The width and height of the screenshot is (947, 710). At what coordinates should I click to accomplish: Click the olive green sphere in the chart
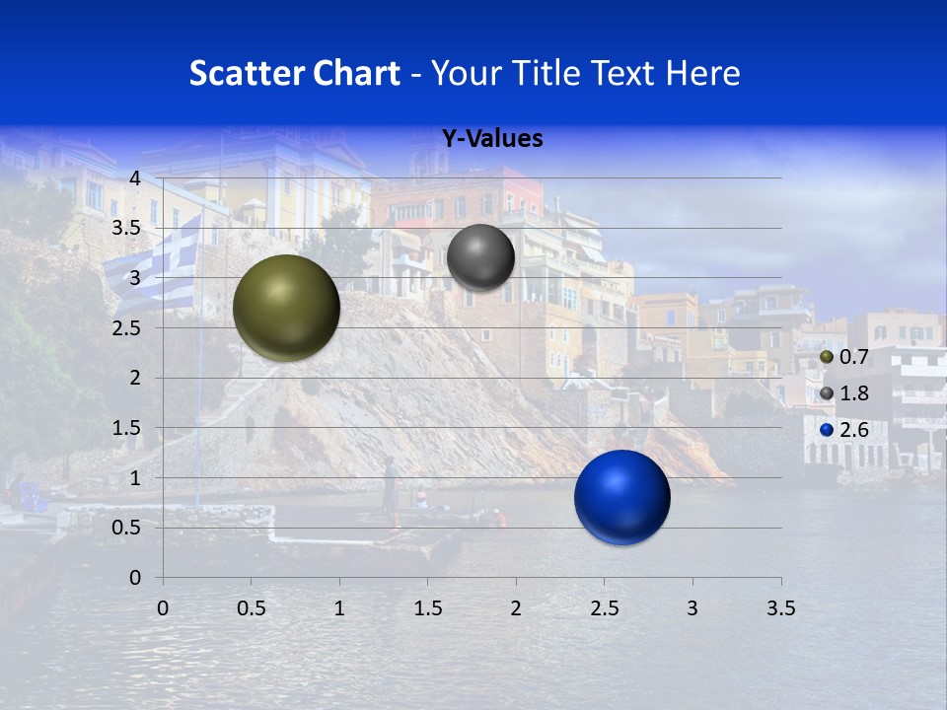pyautogui.click(x=286, y=308)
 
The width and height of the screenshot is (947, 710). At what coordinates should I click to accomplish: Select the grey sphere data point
pyautogui.click(x=480, y=257)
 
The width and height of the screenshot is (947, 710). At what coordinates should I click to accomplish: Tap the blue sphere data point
pyautogui.click(x=621, y=497)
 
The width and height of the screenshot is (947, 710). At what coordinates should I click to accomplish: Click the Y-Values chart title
pyautogui.click(x=491, y=139)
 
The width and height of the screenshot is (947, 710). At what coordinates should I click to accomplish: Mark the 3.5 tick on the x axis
pyautogui.click(x=780, y=608)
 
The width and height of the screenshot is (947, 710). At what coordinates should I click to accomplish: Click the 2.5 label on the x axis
pyautogui.click(x=604, y=608)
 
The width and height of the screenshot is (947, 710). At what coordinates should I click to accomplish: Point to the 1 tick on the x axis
pyautogui.click(x=339, y=608)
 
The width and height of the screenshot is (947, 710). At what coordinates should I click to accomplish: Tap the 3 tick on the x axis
pyautogui.click(x=692, y=608)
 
